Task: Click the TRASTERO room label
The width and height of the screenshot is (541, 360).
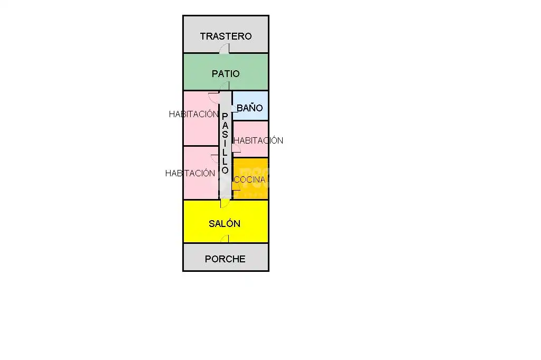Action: tap(226, 36)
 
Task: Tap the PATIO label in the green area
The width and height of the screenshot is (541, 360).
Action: tap(226, 73)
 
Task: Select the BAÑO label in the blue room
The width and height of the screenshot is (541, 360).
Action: tap(249, 108)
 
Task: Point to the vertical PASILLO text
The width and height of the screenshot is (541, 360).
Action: tap(225, 143)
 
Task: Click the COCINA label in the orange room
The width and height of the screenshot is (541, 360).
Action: tap(249, 179)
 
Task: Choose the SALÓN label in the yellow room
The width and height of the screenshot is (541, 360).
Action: tap(224, 223)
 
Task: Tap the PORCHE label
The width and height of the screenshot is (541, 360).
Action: tap(225, 259)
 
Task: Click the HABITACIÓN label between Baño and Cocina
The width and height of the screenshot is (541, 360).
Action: tap(258, 140)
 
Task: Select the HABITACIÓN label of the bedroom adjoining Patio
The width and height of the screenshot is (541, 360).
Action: tap(193, 114)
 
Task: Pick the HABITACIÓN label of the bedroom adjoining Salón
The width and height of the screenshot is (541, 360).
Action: tap(190, 173)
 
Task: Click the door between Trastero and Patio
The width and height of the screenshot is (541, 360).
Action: tap(224, 49)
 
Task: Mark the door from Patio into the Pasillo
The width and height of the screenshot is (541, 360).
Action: tap(224, 86)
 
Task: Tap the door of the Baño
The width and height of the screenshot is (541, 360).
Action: tap(234, 109)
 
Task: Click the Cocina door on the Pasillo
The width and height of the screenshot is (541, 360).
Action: tap(236, 186)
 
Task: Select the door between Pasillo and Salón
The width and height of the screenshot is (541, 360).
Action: tap(225, 203)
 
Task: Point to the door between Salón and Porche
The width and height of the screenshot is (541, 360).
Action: tap(225, 239)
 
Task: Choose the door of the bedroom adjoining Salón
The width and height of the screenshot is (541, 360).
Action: tap(215, 158)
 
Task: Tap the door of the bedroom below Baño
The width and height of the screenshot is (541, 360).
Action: tap(236, 148)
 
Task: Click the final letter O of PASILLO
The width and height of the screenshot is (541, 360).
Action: tap(225, 170)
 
